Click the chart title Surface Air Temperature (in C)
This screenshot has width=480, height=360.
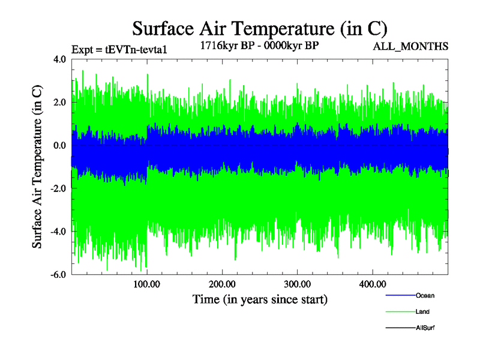(x=259, y=28)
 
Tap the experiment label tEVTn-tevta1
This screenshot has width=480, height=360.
(x=118, y=49)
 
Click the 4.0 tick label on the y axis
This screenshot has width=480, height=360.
(x=59, y=59)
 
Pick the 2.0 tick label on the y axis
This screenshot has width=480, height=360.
(x=59, y=103)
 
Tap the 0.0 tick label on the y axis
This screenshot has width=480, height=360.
(x=59, y=146)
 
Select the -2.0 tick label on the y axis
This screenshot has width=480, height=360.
(x=58, y=188)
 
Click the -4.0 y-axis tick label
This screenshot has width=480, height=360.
(x=58, y=232)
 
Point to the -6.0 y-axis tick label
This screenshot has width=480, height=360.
(x=58, y=275)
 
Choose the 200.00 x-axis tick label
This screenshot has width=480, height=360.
(x=222, y=284)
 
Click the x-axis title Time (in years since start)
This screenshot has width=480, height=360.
(x=260, y=299)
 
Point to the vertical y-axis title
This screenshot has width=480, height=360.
(x=37, y=167)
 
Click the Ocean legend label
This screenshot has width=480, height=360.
(x=425, y=295)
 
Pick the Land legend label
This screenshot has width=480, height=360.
(x=422, y=311)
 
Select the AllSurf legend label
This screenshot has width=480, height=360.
(x=425, y=328)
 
